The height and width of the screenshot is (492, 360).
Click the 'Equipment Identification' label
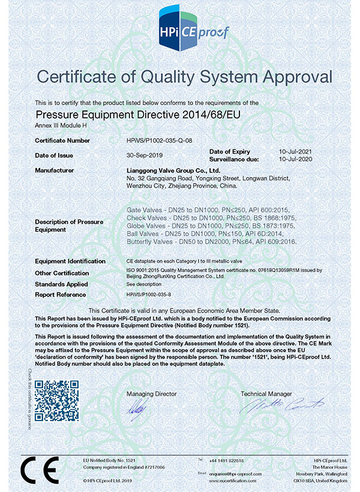click(70, 262)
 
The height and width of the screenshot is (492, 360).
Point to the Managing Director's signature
click(136, 410)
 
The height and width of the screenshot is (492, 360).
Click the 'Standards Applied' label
click(61, 284)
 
